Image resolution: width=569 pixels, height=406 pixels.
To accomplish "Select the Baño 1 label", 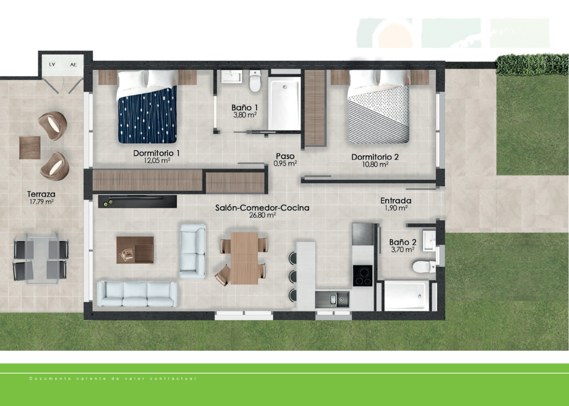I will click(x=245, y=107).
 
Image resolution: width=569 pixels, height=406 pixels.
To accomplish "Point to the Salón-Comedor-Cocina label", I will click(x=262, y=208).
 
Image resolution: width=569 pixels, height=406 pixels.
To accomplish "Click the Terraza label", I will click(x=41, y=194).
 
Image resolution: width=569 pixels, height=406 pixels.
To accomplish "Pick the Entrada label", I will click(x=396, y=200).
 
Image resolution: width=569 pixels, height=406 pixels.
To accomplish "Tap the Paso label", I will click(x=285, y=155).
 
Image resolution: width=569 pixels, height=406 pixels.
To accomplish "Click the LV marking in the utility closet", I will click(x=52, y=64).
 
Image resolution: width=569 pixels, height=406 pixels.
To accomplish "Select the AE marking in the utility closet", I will click(x=73, y=64).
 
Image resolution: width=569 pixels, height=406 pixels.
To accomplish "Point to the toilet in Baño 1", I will click(x=254, y=81).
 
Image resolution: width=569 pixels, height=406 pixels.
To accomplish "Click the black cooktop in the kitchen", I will click(x=362, y=276).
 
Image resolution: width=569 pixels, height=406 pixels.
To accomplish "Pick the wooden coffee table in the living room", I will click(x=135, y=249).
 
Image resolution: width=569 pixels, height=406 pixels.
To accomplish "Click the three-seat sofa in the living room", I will click(x=137, y=294).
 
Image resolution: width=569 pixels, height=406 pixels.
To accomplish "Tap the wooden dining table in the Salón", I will click(x=244, y=258).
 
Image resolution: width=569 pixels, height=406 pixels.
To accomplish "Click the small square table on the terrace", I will click(x=30, y=147).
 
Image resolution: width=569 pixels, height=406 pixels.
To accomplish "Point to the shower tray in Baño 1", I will click(x=284, y=104).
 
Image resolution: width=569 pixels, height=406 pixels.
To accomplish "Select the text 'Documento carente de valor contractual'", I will click(x=113, y=379).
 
